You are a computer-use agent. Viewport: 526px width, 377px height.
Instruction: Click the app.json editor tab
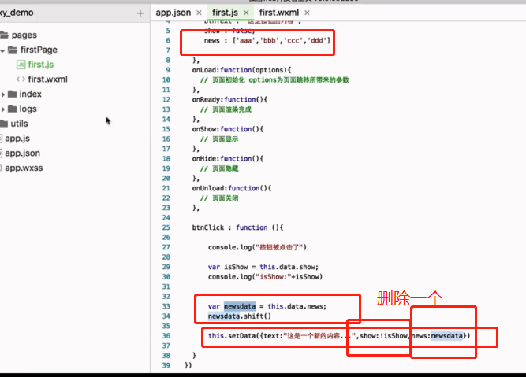173,13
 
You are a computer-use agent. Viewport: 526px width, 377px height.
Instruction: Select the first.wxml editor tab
278,13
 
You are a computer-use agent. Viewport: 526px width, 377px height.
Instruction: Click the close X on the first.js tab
246,13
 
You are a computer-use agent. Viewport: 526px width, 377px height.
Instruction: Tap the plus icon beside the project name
140,13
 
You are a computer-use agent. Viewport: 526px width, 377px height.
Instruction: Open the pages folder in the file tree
24,35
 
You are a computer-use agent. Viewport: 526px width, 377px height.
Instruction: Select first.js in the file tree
42,65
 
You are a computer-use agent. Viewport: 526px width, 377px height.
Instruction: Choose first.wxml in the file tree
47,79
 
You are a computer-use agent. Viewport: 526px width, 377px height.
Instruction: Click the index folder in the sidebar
30,94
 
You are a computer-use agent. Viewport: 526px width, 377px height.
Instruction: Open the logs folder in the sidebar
28,109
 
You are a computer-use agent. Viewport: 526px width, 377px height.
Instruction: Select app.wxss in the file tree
24,168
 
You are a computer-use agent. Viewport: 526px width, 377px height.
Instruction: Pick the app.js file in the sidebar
17,139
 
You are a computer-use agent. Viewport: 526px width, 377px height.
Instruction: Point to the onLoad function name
204,70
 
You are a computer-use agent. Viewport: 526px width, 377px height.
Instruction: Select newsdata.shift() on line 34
239,316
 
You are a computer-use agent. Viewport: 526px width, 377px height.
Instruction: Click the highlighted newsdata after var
239,306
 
